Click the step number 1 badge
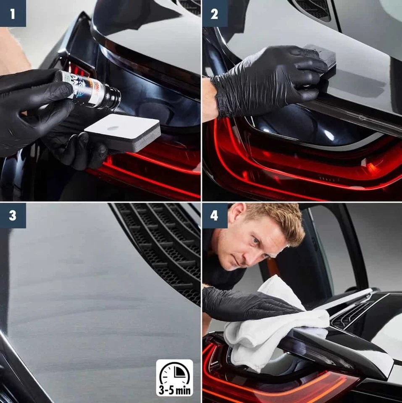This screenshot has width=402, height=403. [13, 13]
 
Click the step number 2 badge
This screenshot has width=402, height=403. [214, 13]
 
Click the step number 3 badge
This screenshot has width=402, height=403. [13, 216]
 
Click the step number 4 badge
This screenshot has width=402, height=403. [214, 216]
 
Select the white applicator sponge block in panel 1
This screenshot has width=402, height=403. [123, 132]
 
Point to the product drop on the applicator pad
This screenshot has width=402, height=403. [113, 128]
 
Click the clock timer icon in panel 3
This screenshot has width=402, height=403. [175, 373]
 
